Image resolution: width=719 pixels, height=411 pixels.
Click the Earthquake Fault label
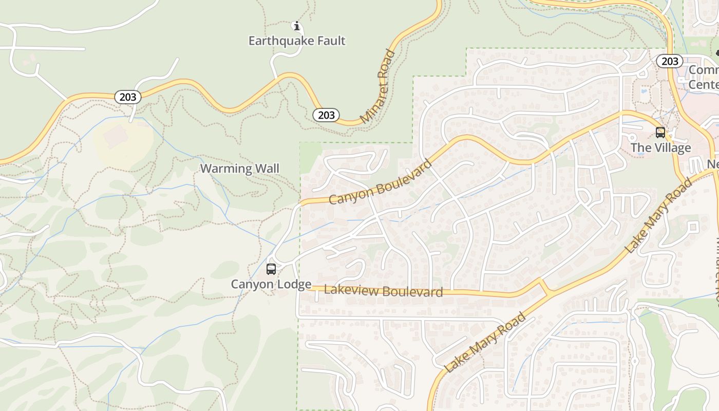click(297, 41)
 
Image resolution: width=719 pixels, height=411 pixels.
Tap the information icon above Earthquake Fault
click(296, 25)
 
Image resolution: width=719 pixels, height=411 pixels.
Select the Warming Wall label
click(239, 169)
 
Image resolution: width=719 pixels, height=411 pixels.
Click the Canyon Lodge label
click(271, 284)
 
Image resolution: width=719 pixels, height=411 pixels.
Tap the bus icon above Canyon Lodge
click(271, 269)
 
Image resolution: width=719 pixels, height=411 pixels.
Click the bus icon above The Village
click(660, 133)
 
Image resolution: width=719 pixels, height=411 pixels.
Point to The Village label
click(660, 148)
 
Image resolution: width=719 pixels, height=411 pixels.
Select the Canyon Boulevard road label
click(381, 182)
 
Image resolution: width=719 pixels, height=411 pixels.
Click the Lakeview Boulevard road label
click(383, 291)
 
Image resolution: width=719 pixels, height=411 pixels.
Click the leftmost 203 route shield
click(127, 97)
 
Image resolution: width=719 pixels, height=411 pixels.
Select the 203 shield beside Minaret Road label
click(326, 115)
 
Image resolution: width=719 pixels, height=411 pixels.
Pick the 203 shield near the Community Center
click(669, 62)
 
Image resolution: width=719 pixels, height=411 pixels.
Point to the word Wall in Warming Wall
click(268, 169)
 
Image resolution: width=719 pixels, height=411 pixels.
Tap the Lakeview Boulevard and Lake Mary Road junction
click(546, 289)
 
